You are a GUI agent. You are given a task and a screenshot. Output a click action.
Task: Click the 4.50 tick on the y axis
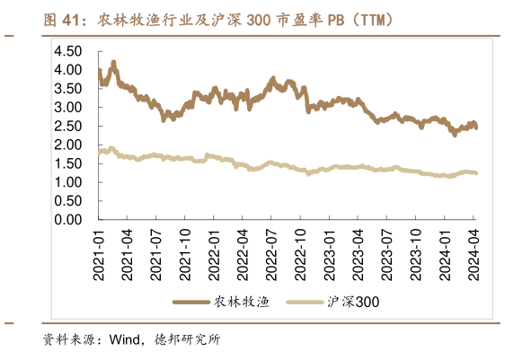69,51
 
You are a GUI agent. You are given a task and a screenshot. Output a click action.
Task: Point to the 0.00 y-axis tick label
69,219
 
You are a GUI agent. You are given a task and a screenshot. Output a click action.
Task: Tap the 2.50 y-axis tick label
69,126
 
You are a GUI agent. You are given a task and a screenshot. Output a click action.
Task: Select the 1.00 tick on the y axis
69,182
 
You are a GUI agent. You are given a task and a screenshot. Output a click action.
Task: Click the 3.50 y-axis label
69,88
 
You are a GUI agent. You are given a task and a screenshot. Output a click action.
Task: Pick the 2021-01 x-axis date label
98,254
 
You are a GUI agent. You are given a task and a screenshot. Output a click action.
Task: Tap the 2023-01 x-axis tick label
330,254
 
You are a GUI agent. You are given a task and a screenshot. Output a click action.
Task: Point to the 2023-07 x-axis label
387,254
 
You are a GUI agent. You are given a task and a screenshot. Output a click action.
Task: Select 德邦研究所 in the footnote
188,340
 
